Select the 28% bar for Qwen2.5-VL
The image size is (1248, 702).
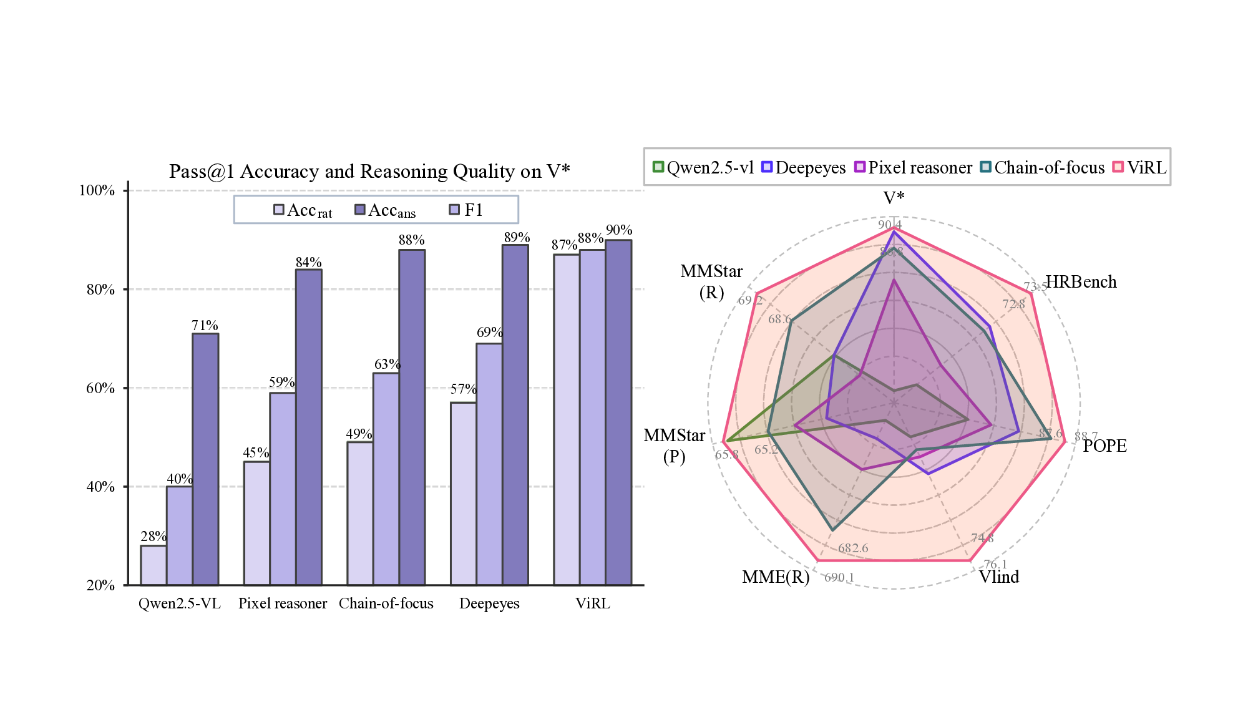(154, 565)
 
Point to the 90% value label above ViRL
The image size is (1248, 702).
(619, 230)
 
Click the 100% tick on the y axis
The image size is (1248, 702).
(97, 190)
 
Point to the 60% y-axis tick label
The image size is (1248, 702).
(100, 388)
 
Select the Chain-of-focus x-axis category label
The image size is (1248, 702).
(386, 603)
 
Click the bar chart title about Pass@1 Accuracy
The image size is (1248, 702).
(369, 171)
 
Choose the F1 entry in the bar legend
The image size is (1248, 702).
(467, 210)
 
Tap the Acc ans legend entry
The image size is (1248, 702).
(385, 210)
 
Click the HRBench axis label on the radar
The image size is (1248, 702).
(1081, 282)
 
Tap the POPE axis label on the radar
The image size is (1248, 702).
(1104, 446)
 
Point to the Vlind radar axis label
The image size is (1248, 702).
(998, 577)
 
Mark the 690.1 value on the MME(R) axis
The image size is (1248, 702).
(839, 578)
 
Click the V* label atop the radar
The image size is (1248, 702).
(894, 198)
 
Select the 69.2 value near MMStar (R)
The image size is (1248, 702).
(750, 300)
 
